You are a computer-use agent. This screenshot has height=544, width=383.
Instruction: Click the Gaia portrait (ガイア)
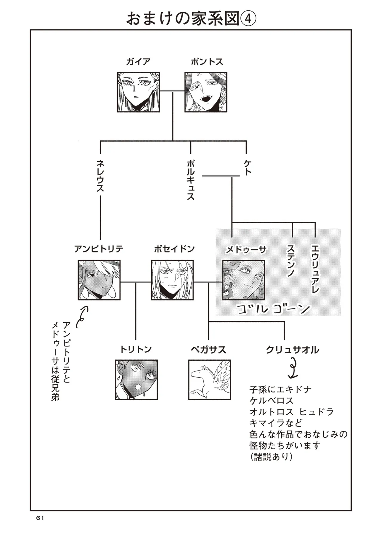tap(138, 92)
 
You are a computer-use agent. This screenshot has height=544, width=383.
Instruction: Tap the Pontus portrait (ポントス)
tap(206, 92)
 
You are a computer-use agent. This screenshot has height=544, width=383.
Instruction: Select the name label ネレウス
tap(100, 176)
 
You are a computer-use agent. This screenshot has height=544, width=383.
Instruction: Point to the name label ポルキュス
tap(191, 180)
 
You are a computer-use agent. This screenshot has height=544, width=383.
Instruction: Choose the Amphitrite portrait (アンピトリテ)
tap(99, 280)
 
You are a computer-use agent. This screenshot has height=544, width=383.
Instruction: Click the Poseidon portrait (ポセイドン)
tap(172, 280)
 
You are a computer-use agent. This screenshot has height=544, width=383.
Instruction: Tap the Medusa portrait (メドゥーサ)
tap(243, 280)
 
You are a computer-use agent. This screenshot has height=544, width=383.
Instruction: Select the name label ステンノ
tap(291, 261)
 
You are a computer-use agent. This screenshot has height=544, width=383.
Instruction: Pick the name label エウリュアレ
tap(315, 268)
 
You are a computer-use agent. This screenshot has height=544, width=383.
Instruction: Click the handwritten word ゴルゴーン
tap(273, 309)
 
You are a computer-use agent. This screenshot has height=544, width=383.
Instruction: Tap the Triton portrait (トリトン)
tap(136, 379)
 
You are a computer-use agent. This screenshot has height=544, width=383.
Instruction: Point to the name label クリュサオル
tap(292, 350)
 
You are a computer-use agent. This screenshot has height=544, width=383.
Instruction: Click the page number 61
tap(40, 526)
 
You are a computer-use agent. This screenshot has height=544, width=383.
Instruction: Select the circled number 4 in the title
tap(248, 19)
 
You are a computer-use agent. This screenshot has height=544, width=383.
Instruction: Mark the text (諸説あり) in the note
tap(271, 457)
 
